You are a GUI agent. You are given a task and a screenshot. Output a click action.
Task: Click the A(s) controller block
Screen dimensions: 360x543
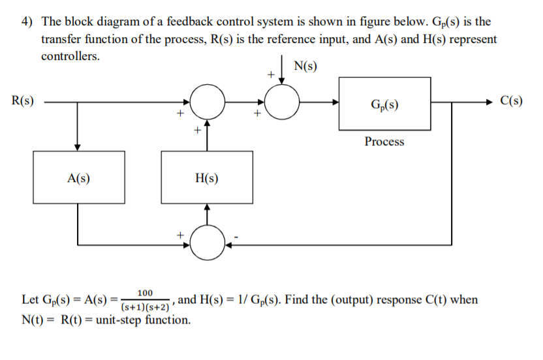click(x=78, y=177)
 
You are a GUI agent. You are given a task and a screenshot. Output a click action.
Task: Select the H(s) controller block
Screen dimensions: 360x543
click(x=207, y=177)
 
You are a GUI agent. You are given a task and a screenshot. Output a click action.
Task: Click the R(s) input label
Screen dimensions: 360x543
click(x=23, y=101)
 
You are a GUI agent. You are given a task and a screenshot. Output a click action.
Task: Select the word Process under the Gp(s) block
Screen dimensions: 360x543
click(x=384, y=142)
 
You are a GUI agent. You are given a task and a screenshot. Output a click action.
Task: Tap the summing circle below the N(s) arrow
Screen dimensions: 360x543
click(x=282, y=102)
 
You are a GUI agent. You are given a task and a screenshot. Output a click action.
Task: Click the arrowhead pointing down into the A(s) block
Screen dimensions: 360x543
click(x=78, y=147)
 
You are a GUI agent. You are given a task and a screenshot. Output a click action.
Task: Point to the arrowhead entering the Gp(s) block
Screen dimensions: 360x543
click(x=335, y=102)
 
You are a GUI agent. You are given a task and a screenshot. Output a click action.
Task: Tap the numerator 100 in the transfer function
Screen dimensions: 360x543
click(x=146, y=293)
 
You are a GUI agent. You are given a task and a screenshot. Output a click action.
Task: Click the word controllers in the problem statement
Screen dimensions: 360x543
click(x=70, y=55)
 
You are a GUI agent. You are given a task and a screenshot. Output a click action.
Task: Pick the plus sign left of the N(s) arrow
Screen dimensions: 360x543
click(x=269, y=75)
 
